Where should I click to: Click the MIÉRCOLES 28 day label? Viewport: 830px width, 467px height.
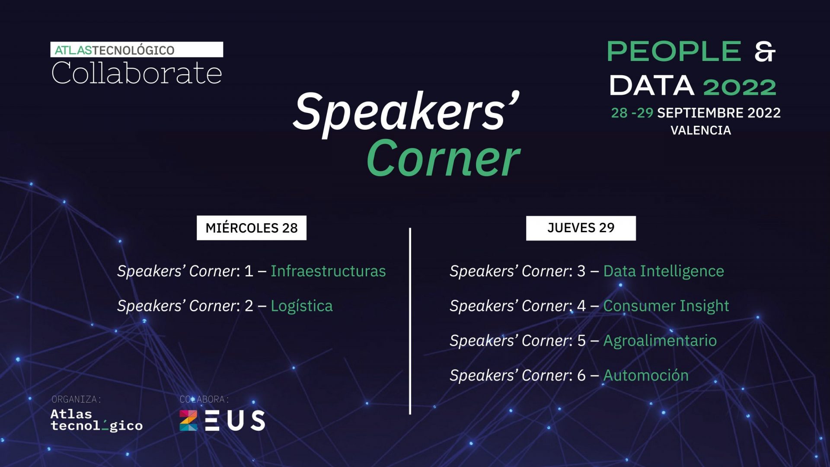coord(252,228)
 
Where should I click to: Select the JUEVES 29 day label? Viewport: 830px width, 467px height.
coord(581,228)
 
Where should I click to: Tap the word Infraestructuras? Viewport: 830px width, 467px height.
coord(328,271)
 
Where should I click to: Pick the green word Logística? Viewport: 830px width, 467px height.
coord(302,306)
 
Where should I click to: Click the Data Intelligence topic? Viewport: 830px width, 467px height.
coord(664,271)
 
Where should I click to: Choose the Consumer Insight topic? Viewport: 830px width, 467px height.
coord(666,306)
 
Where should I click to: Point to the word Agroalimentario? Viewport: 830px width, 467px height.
coord(660,341)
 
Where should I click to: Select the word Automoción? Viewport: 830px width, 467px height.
coord(646,375)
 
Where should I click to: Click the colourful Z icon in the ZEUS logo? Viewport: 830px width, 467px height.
coord(188,420)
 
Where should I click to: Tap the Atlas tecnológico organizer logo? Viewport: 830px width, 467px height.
coord(96,420)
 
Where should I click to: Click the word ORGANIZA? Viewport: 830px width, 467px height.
coord(76,400)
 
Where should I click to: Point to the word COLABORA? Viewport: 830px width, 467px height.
coord(204,400)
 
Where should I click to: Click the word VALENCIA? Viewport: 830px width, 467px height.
coord(701,130)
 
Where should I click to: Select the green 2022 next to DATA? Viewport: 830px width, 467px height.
coord(740,87)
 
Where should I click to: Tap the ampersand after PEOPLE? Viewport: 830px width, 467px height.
coord(765,52)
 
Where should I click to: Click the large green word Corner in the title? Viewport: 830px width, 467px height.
coord(444,159)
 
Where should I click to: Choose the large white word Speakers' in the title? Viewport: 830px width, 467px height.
coord(406,113)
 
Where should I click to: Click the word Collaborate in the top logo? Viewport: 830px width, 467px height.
coord(137,73)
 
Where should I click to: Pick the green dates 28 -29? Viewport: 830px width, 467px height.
coord(632,113)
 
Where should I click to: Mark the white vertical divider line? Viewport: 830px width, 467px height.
coord(410,321)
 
